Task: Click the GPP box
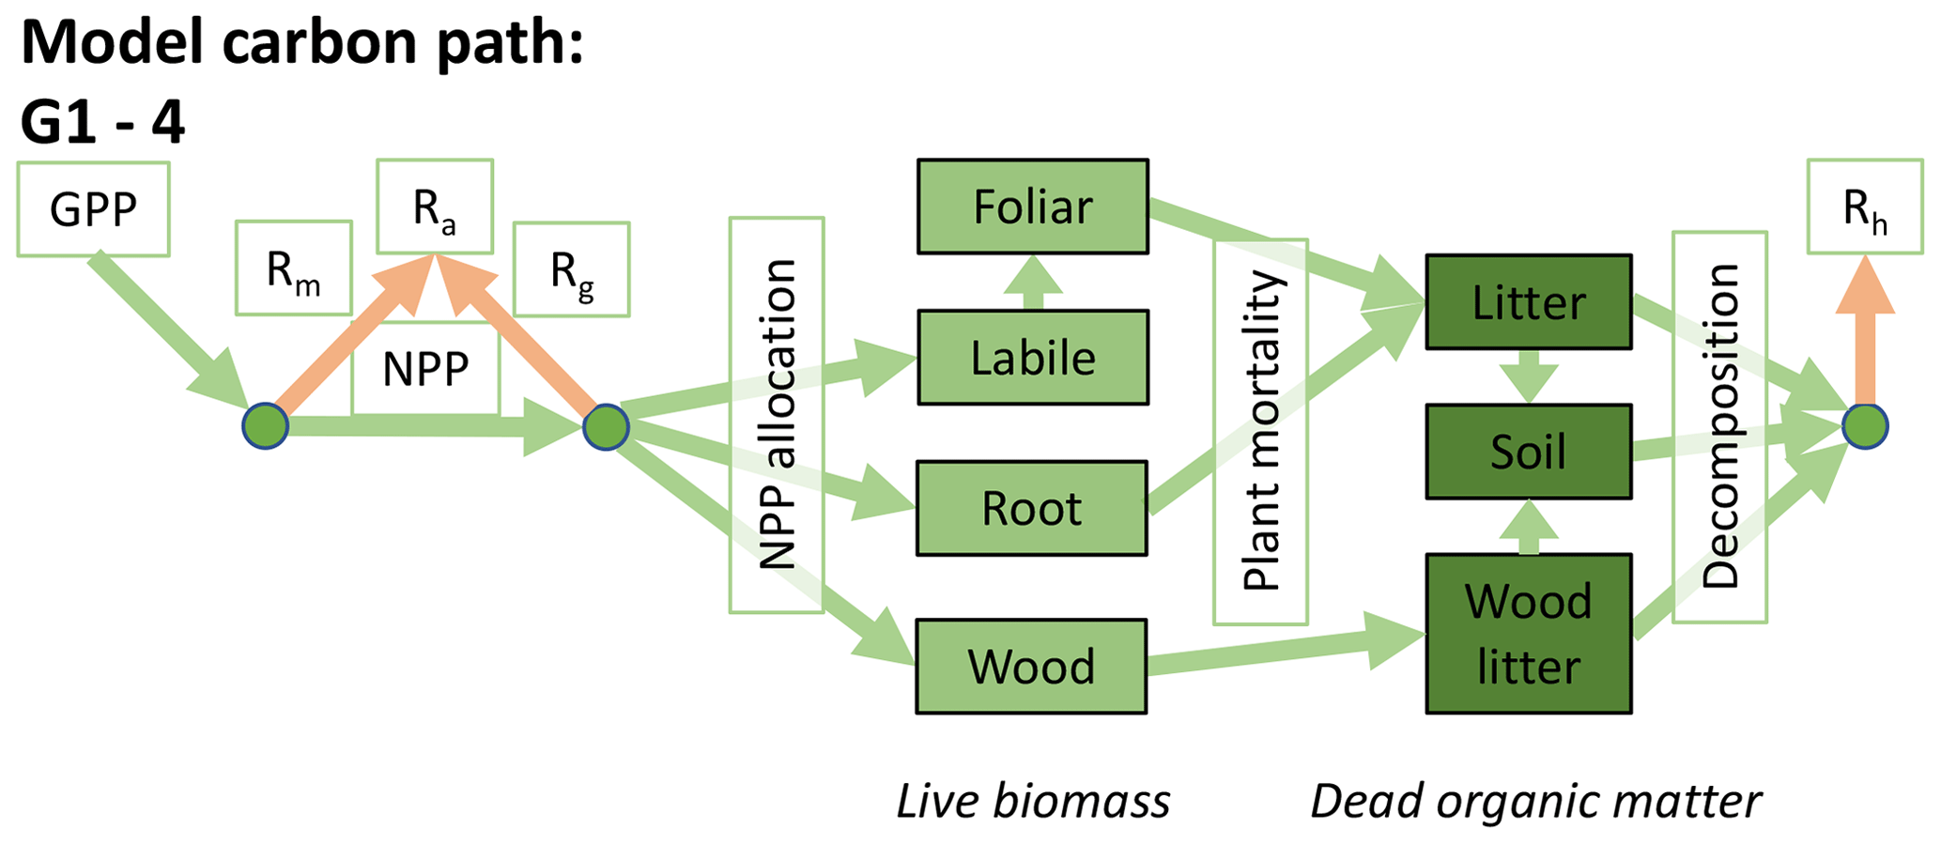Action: coord(93,209)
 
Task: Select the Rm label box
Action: coord(293,269)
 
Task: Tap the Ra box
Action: coord(435,207)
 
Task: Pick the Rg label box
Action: coord(571,269)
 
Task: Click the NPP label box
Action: coord(425,369)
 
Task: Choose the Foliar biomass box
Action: coord(1032,207)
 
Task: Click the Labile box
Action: coord(1032,358)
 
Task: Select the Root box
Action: coord(1031,508)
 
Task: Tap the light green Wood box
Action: coord(1031,667)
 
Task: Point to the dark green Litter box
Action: coord(1528,302)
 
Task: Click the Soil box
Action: coord(1528,452)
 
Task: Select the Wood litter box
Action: coord(1528,634)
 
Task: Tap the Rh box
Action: coord(1865,207)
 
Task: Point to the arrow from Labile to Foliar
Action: coord(1032,283)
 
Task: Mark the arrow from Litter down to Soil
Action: coord(1528,376)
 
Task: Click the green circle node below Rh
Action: coord(1865,426)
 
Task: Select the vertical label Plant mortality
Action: coord(1260,432)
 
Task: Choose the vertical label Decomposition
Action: coord(1719,427)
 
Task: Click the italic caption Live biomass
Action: coord(1033,802)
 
